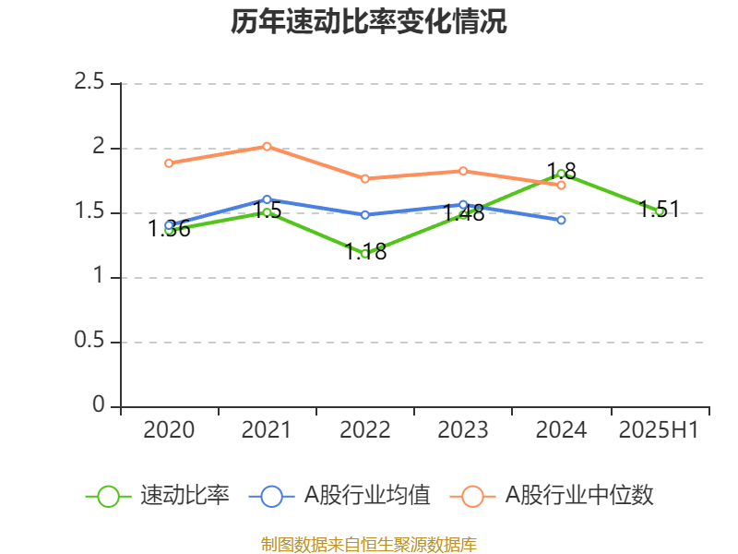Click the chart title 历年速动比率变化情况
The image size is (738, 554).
369,22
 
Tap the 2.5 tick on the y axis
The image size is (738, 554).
90,83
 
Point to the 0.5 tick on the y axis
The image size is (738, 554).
90,342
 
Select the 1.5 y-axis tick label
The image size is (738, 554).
90,212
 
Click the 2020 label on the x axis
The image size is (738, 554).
169,429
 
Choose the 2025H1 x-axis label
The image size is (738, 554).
659,429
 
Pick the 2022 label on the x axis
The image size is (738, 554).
365,429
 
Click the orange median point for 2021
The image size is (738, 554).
267,146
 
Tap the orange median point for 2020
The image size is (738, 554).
169,163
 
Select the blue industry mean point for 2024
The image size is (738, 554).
561,220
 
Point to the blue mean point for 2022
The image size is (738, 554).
365,214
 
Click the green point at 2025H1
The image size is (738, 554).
659,211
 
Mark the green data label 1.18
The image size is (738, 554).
365,251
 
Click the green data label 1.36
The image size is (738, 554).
170,229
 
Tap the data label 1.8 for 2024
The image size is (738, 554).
561,171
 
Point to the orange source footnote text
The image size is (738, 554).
369,544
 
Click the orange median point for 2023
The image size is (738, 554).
463,171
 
